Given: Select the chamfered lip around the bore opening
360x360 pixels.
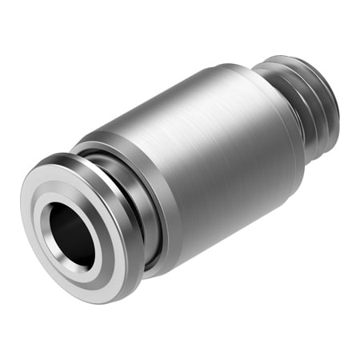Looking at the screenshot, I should click(86, 254).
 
